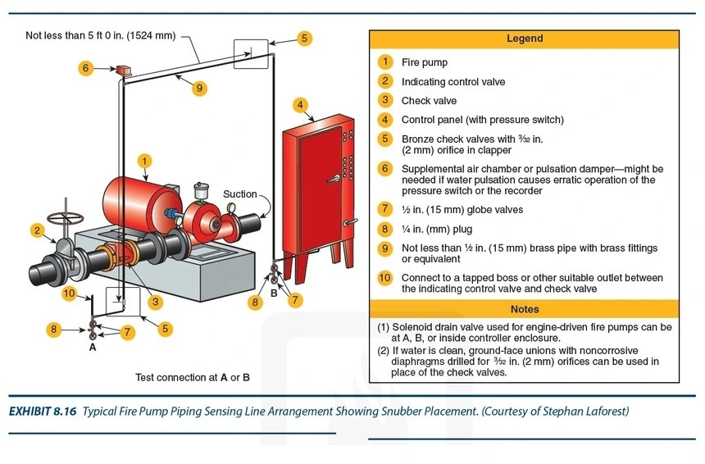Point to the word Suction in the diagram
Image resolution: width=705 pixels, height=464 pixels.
tap(239, 194)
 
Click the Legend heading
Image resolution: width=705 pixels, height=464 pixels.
tap(524, 39)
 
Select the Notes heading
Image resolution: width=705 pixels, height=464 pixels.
tap(524, 309)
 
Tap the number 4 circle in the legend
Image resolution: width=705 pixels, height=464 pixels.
tap(384, 120)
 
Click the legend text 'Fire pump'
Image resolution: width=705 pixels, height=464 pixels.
tap(424, 62)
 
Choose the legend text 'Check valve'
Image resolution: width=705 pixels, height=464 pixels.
tap(429, 101)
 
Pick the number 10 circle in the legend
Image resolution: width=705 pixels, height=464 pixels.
tap(384, 278)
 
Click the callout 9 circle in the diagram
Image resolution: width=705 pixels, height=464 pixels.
tap(199, 89)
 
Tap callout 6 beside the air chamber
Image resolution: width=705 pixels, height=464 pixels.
tap(86, 68)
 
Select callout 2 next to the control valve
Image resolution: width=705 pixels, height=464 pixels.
tap(38, 230)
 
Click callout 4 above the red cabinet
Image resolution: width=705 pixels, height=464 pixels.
tap(301, 104)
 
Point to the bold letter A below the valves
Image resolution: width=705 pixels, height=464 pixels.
tap(92, 347)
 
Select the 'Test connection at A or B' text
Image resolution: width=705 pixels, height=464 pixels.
tap(193, 378)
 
